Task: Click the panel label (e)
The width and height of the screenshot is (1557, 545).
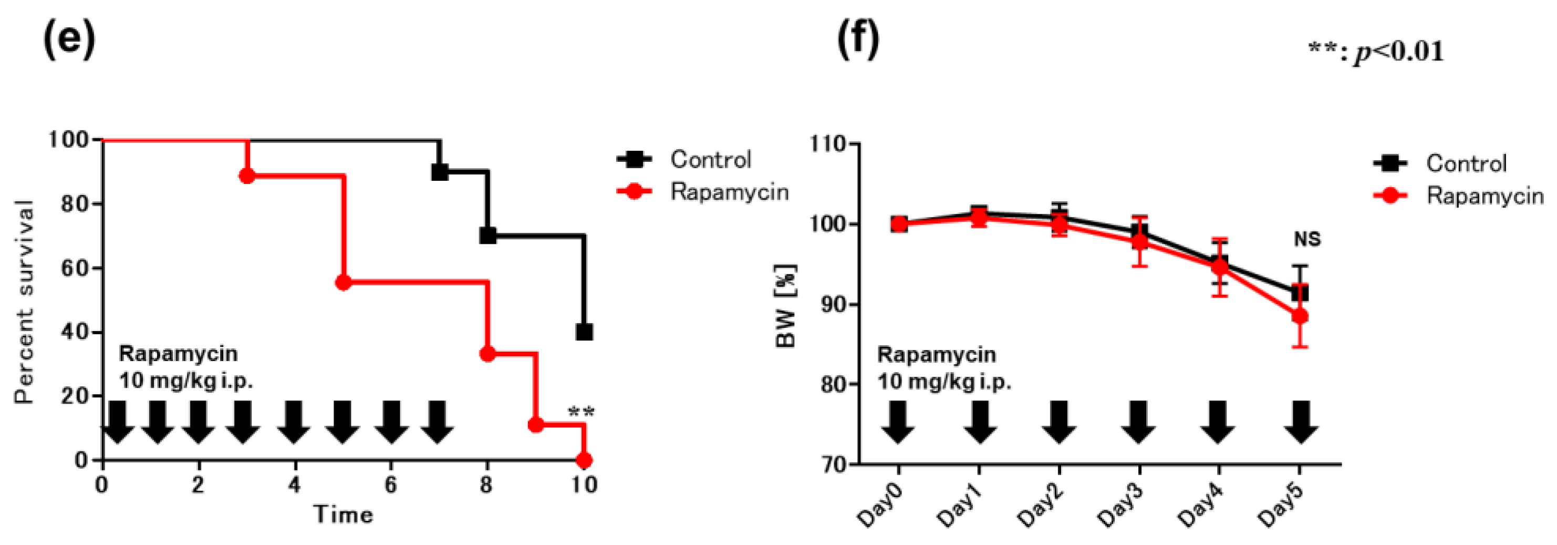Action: pyautogui.click(x=69, y=40)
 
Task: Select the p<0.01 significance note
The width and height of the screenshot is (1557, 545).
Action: pyautogui.click(x=1376, y=52)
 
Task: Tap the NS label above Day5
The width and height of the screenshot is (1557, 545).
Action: pyautogui.click(x=1307, y=240)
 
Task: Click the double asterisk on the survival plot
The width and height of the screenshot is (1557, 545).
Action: pyautogui.click(x=582, y=413)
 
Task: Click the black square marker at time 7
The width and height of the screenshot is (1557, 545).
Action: pyautogui.click(x=440, y=172)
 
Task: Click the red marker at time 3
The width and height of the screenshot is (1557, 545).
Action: pyautogui.click(x=246, y=176)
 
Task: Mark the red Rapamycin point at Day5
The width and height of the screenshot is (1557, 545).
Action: pyautogui.click(x=1300, y=316)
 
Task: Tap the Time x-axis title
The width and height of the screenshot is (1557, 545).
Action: pyautogui.click(x=342, y=515)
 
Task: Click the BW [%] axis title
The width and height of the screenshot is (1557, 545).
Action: pyautogui.click(x=786, y=306)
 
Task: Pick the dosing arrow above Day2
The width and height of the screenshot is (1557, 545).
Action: pyautogui.click(x=1059, y=421)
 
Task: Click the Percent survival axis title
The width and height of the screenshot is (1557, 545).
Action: pyautogui.click(x=24, y=301)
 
